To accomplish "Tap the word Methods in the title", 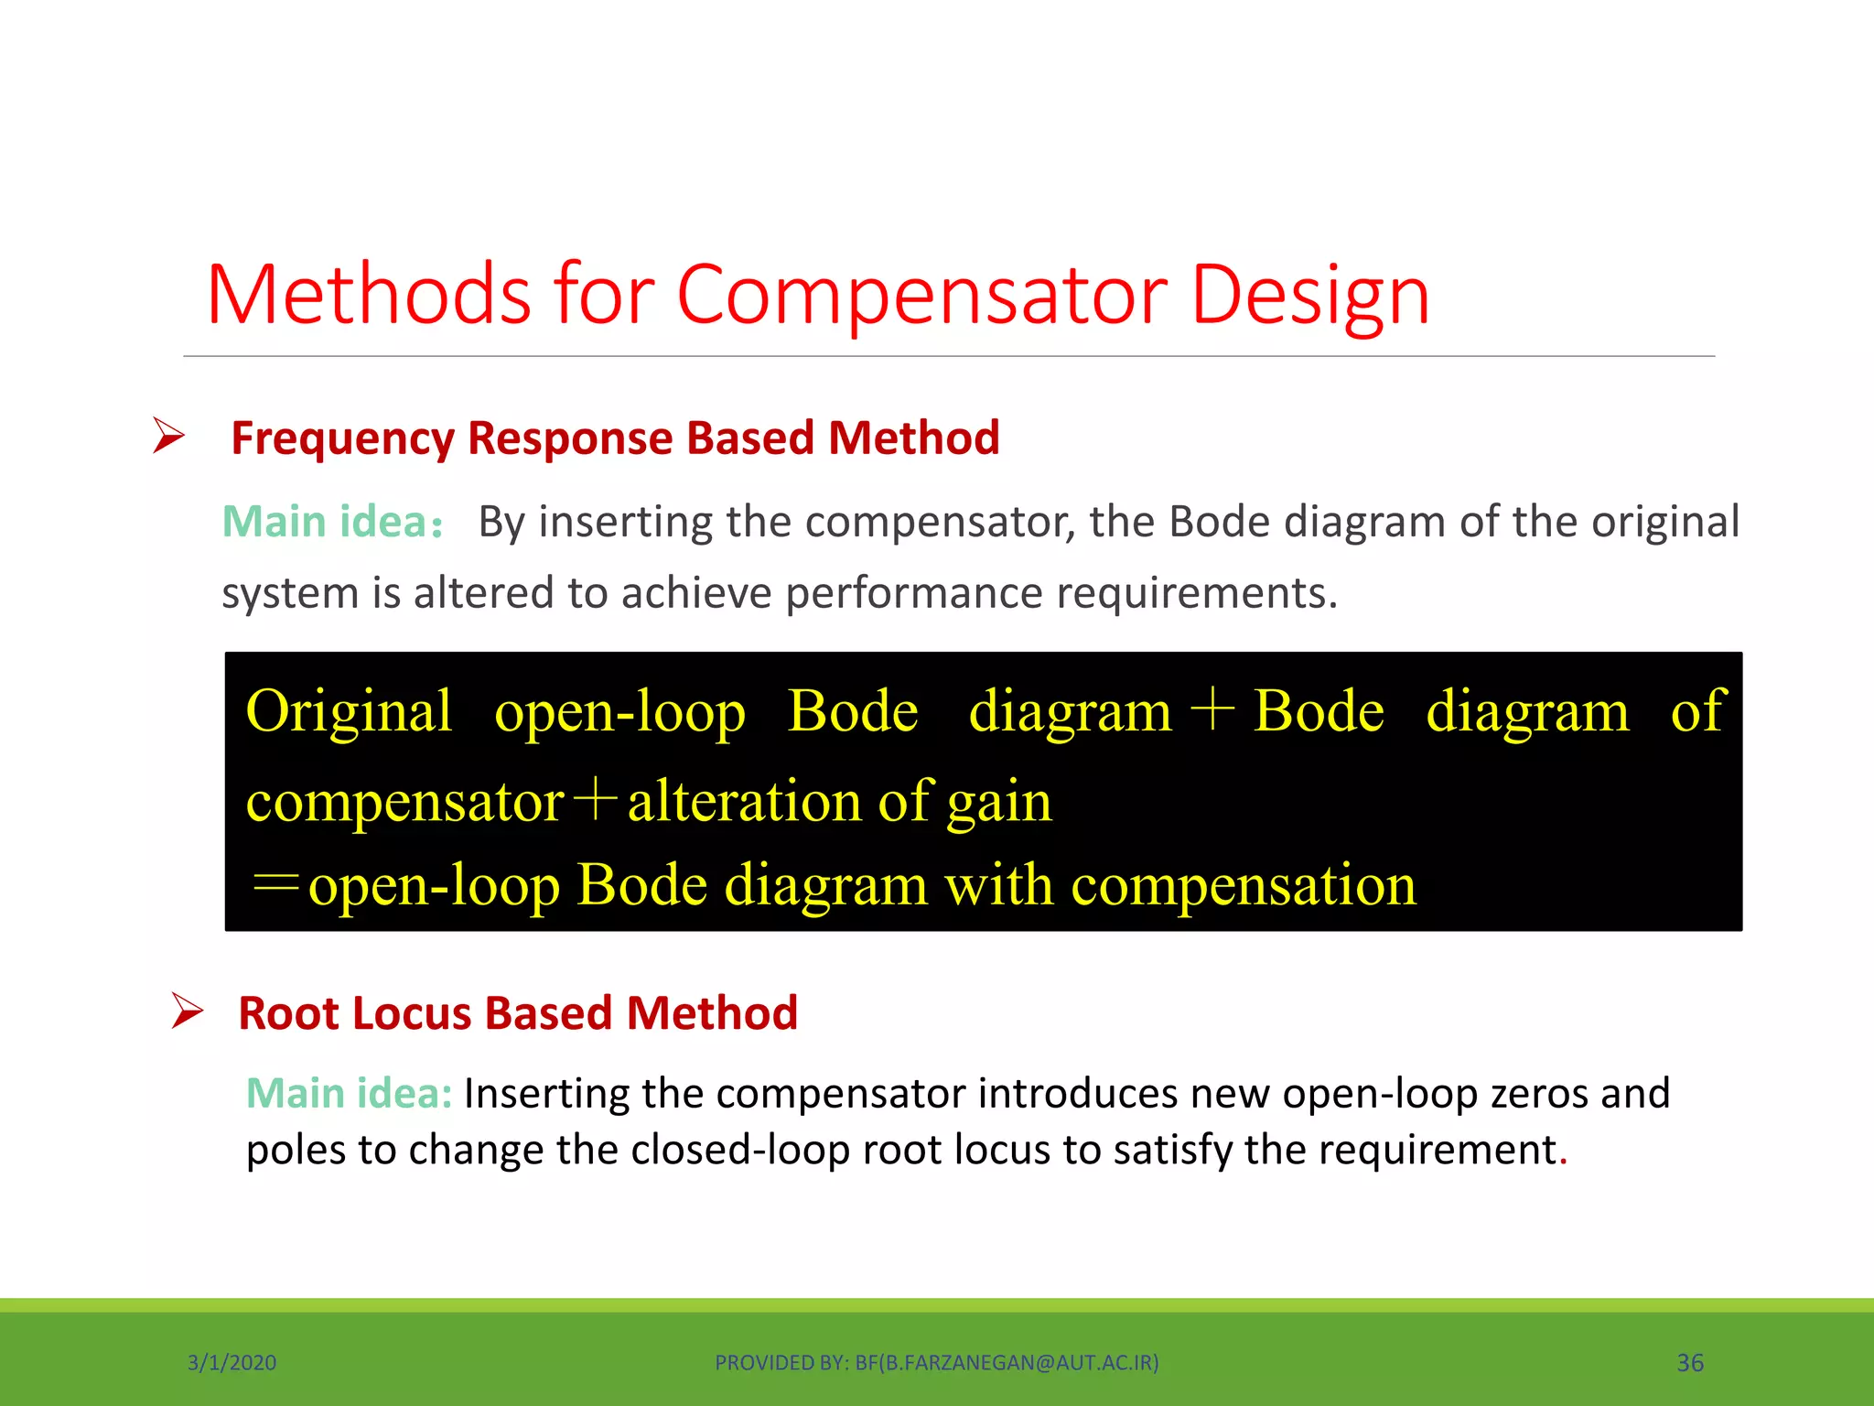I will click(368, 295).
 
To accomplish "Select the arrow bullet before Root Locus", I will click(187, 1011).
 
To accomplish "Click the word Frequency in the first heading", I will click(341, 438).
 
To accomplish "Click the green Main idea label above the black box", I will click(331, 522).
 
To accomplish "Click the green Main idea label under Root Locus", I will click(349, 1093).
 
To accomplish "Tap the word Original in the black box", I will click(349, 711).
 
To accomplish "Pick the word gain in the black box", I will click(999, 802).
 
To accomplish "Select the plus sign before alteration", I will click(595, 800).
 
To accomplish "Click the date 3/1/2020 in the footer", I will click(232, 1363).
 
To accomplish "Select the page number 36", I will click(1689, 1363).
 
